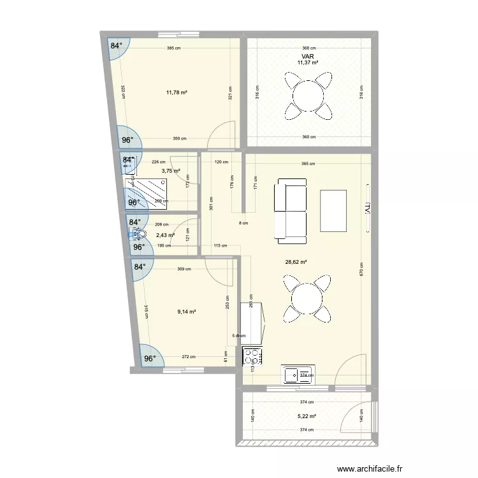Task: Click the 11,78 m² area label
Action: (177, 92)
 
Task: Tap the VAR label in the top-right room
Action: (308, 57)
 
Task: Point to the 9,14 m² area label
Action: (186, 312)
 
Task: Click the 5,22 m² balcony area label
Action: (307, 416)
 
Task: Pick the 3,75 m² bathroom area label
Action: (171, 171)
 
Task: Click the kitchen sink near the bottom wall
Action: (298, 375)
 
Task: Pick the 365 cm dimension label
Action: (308, 163)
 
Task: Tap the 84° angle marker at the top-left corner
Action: (116, 46)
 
